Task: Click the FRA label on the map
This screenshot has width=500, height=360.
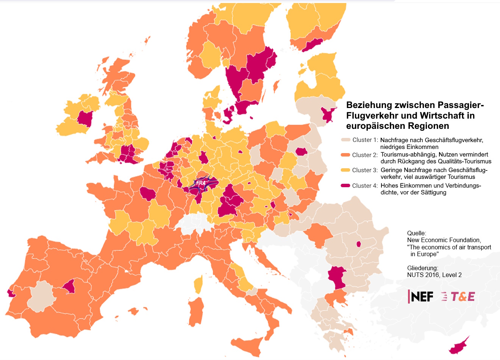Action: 201,183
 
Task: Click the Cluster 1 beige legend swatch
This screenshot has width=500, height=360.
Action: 346,140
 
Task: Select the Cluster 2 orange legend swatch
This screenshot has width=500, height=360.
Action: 345,155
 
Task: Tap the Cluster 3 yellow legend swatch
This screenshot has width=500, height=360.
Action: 345,170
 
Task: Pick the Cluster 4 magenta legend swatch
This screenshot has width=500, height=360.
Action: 345,186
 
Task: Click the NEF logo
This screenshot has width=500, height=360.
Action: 421,296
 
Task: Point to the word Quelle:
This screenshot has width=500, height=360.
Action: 417,233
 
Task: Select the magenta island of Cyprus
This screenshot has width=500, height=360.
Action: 459,346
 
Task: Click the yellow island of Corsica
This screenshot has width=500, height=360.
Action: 198,284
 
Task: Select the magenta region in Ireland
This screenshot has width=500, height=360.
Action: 85,119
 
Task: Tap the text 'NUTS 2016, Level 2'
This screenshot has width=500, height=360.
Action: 434,275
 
